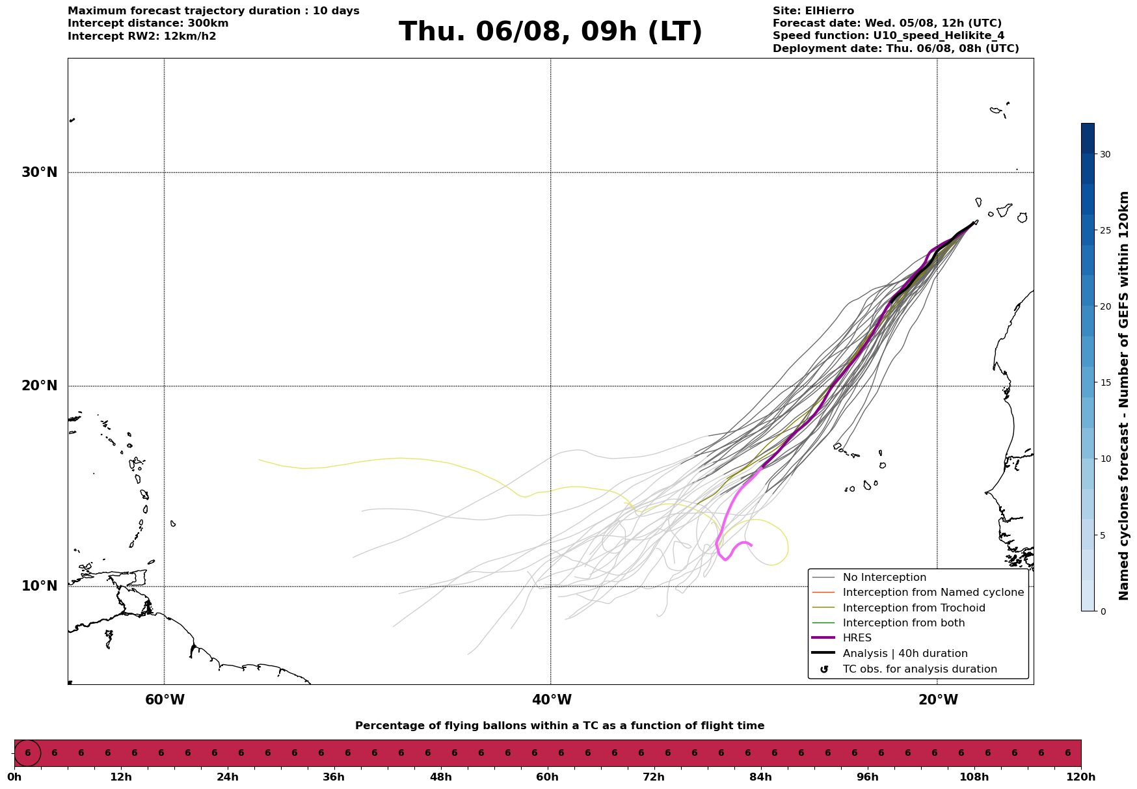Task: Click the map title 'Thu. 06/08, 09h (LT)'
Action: click(550, 32)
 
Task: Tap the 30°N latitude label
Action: click(39, 172)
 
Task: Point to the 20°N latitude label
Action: click(39, 386)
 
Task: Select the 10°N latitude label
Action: click(39, 586)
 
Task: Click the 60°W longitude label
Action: click(165, 700)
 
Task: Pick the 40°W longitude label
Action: click(552, 700)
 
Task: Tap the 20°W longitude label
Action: click(938, 700)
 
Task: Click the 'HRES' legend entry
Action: click(857, 638)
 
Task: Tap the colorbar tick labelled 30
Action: click(1105, 154)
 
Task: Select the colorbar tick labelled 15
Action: click(1105, 382)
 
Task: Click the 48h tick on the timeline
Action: click(440, 777)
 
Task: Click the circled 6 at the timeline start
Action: click(27, 753)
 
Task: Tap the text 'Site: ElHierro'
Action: click(813, 11)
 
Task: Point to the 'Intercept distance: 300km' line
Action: click(148, 23)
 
